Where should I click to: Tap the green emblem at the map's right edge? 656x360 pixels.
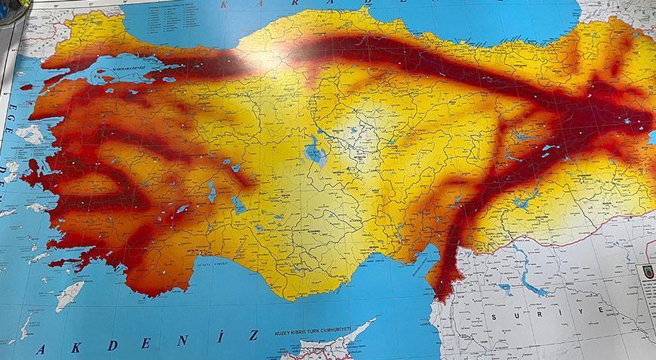tap(646, 269)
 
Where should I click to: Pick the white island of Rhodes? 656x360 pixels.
tap(70, 295)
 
